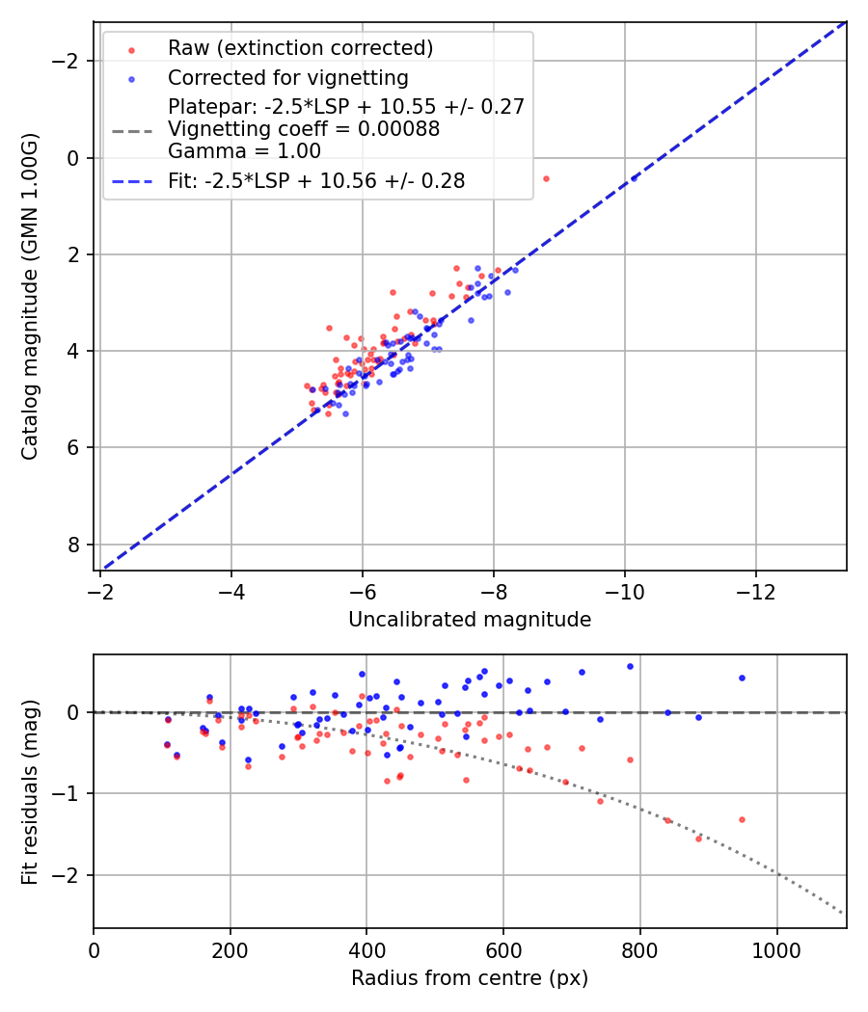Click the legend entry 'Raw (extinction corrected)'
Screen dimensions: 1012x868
300,48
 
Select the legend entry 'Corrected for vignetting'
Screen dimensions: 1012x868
287,78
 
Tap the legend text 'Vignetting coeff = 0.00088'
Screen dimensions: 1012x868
304,129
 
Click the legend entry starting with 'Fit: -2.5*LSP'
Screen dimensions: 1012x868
316,181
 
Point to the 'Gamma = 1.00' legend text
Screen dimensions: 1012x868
244,151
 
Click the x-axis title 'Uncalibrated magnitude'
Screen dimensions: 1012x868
470,620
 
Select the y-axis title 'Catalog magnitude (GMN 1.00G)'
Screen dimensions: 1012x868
31,296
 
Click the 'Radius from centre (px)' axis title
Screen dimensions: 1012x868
470,978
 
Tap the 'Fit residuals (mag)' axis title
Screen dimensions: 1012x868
31,791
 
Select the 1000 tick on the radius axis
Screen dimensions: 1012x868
777,949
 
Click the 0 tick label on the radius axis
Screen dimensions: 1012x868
94,949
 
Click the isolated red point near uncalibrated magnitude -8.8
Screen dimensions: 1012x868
546,178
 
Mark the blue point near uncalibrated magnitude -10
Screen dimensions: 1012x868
634,178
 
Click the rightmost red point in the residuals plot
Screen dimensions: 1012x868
742,819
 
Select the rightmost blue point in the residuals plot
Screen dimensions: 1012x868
742,678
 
